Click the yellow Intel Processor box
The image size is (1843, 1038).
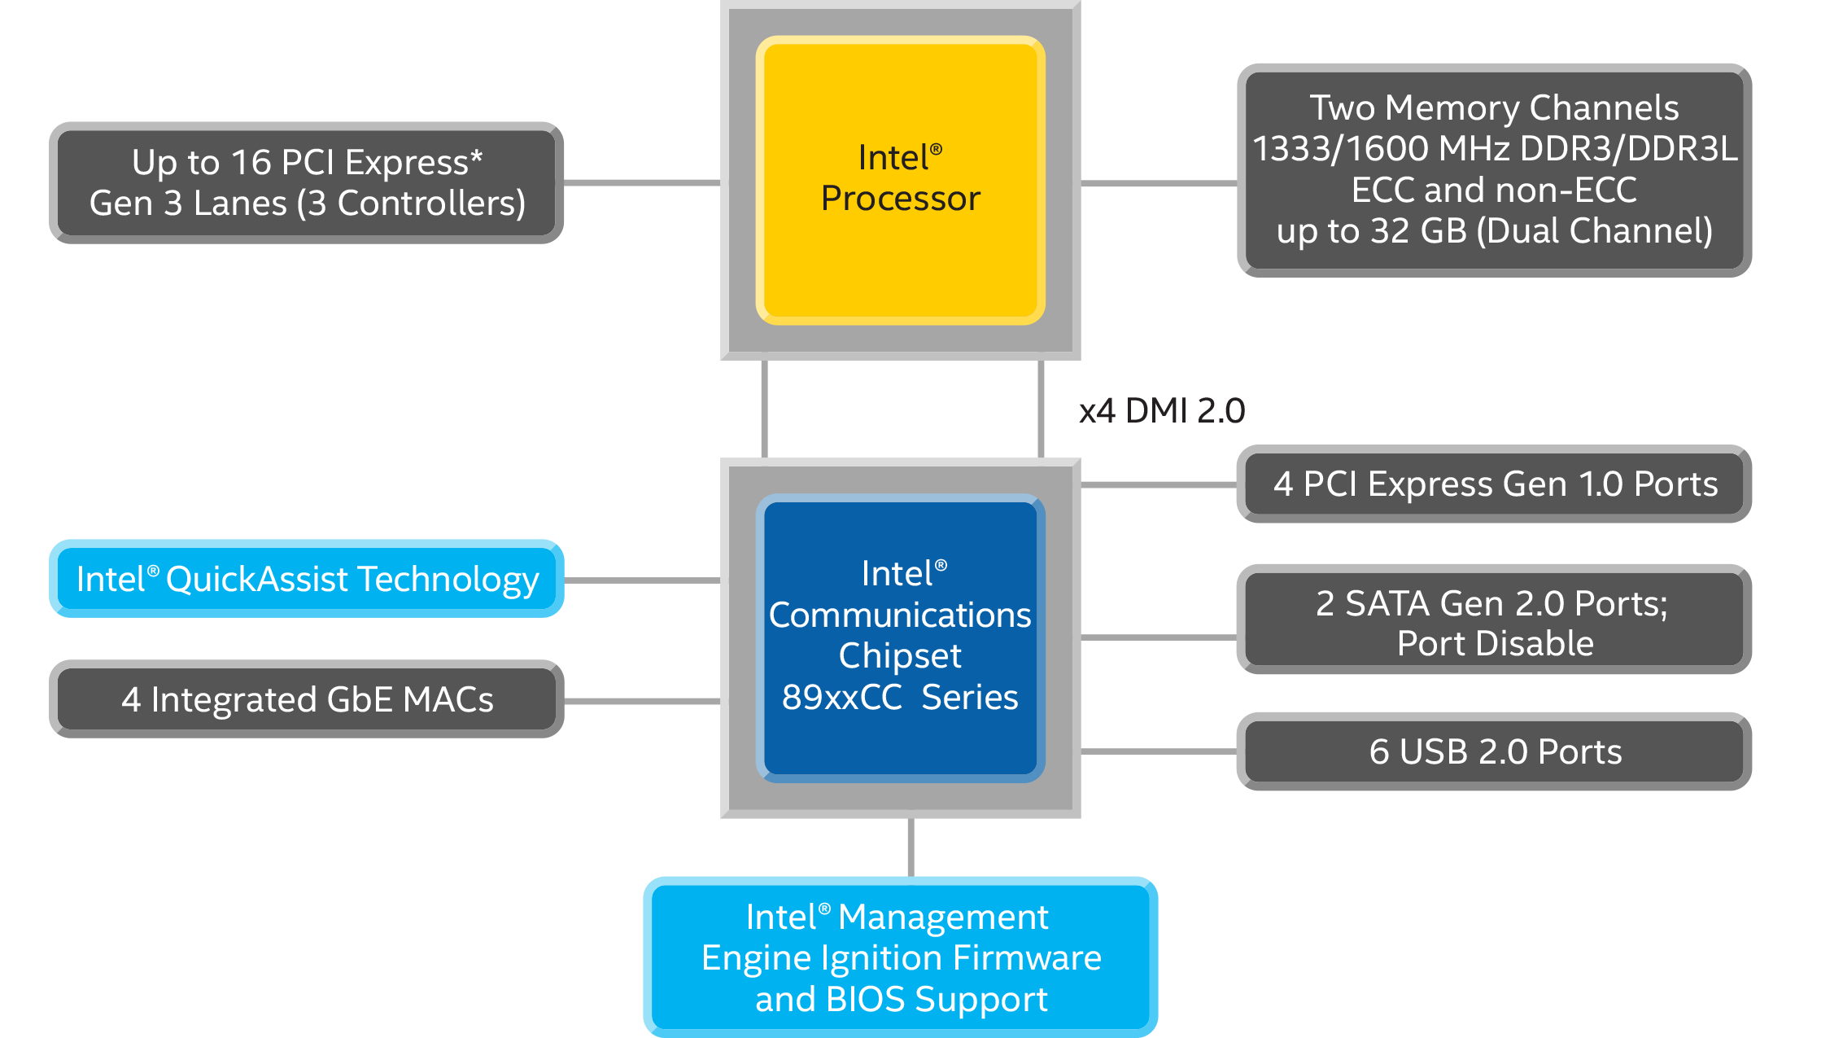point(900,180)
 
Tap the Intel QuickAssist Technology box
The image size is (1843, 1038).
point(307,579)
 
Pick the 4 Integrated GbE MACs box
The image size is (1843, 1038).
point(307,699)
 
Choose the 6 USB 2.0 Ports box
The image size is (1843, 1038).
point(1494,751)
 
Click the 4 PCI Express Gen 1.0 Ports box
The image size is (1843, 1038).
point(1494,484)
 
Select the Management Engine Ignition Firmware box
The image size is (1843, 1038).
point(900,957)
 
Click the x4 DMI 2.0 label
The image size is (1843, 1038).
point(1161,410)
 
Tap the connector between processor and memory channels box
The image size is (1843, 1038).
point(1159,183)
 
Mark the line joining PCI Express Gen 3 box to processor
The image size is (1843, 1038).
point(642,182)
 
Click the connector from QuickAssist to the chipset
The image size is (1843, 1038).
point(642,580)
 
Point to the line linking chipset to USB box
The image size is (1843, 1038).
point(1159,751)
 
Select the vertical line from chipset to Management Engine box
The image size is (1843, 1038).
point(911,847)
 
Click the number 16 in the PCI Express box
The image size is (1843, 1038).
point(251,162)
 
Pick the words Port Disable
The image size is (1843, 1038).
point(1495,643)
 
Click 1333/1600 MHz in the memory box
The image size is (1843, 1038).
point(1380,149)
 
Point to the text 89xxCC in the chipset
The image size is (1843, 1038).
point(841,697)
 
